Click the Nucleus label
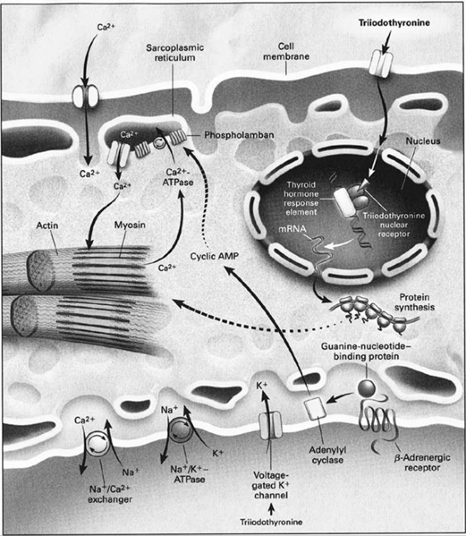coord(425,142)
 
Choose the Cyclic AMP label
coord(212,256)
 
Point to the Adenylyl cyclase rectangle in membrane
coord(315,409)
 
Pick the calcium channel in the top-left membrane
coord(85,96)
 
